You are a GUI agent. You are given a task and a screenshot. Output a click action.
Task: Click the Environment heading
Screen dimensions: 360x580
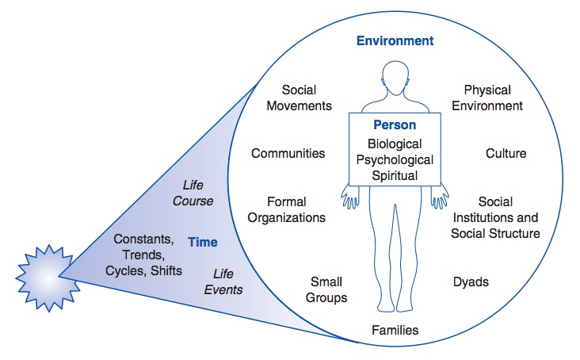395,40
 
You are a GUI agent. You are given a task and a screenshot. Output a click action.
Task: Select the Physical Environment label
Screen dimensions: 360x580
493,98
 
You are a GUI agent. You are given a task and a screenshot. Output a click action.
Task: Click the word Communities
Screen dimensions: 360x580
288,153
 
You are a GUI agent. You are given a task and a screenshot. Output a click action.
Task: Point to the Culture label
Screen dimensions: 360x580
506,153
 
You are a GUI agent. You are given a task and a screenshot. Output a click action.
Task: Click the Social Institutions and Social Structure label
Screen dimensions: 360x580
495,217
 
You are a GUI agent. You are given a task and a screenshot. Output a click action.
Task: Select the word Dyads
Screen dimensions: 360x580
471,281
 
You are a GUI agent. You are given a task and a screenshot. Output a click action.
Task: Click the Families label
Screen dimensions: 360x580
395,330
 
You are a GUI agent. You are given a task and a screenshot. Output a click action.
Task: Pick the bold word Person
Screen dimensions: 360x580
395,125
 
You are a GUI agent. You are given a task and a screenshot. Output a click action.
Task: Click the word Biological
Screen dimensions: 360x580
395,144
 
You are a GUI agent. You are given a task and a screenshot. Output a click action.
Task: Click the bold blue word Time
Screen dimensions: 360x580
203,242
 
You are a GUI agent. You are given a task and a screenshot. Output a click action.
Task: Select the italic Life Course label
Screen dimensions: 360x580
193,193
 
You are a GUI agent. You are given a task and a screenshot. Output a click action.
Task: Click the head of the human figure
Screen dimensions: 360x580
395,79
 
